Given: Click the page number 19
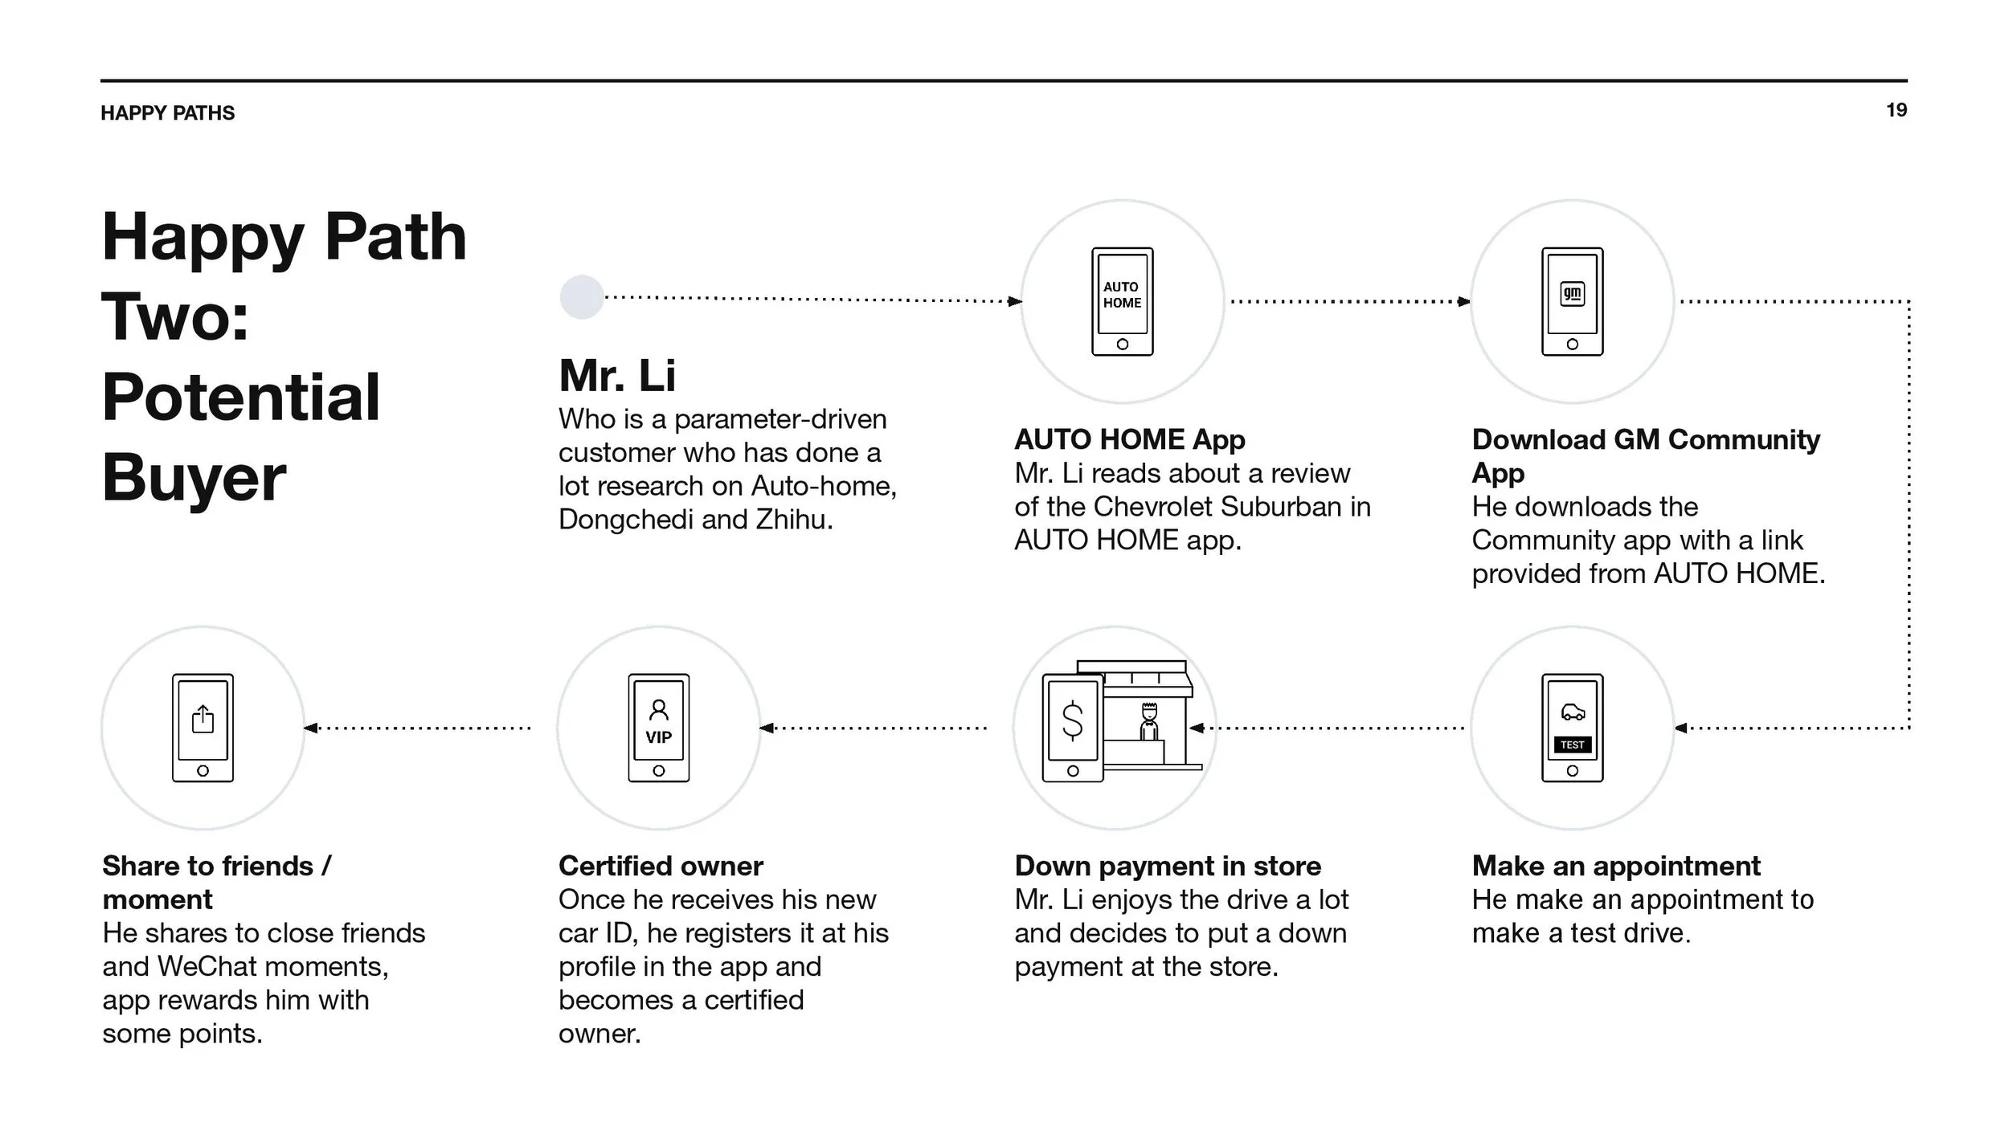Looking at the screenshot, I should tap(1896, 110).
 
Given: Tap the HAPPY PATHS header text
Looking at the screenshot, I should tap(167, 113).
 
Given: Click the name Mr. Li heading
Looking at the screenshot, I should tap(617, 376).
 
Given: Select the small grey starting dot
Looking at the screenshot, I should tap(581, 297).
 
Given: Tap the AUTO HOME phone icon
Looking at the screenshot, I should tap(1122, 301).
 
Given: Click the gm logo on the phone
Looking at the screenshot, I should tap(1572, 294).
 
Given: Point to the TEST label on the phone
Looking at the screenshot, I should tap(1572, 745).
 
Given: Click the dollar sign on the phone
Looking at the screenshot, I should tap(1072, 720).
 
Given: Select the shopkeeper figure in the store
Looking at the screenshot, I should tap(1149, 721).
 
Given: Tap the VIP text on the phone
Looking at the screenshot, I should tap(658, 737).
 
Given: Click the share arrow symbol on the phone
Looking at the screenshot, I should tap(203, 719).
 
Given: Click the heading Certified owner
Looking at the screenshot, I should tap(661, 866).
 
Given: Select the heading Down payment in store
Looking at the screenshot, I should tap(1168, 866).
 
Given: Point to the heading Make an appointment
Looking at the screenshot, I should tap(1616, 866).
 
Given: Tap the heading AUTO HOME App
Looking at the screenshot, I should tap(1129, 439).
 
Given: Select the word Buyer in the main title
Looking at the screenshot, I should tap(194, 477).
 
